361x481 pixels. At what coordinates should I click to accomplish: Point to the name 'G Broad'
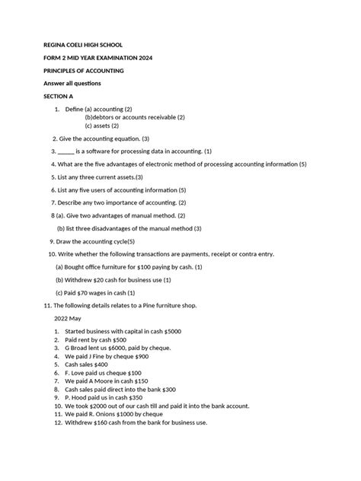[x=80, y=348]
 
